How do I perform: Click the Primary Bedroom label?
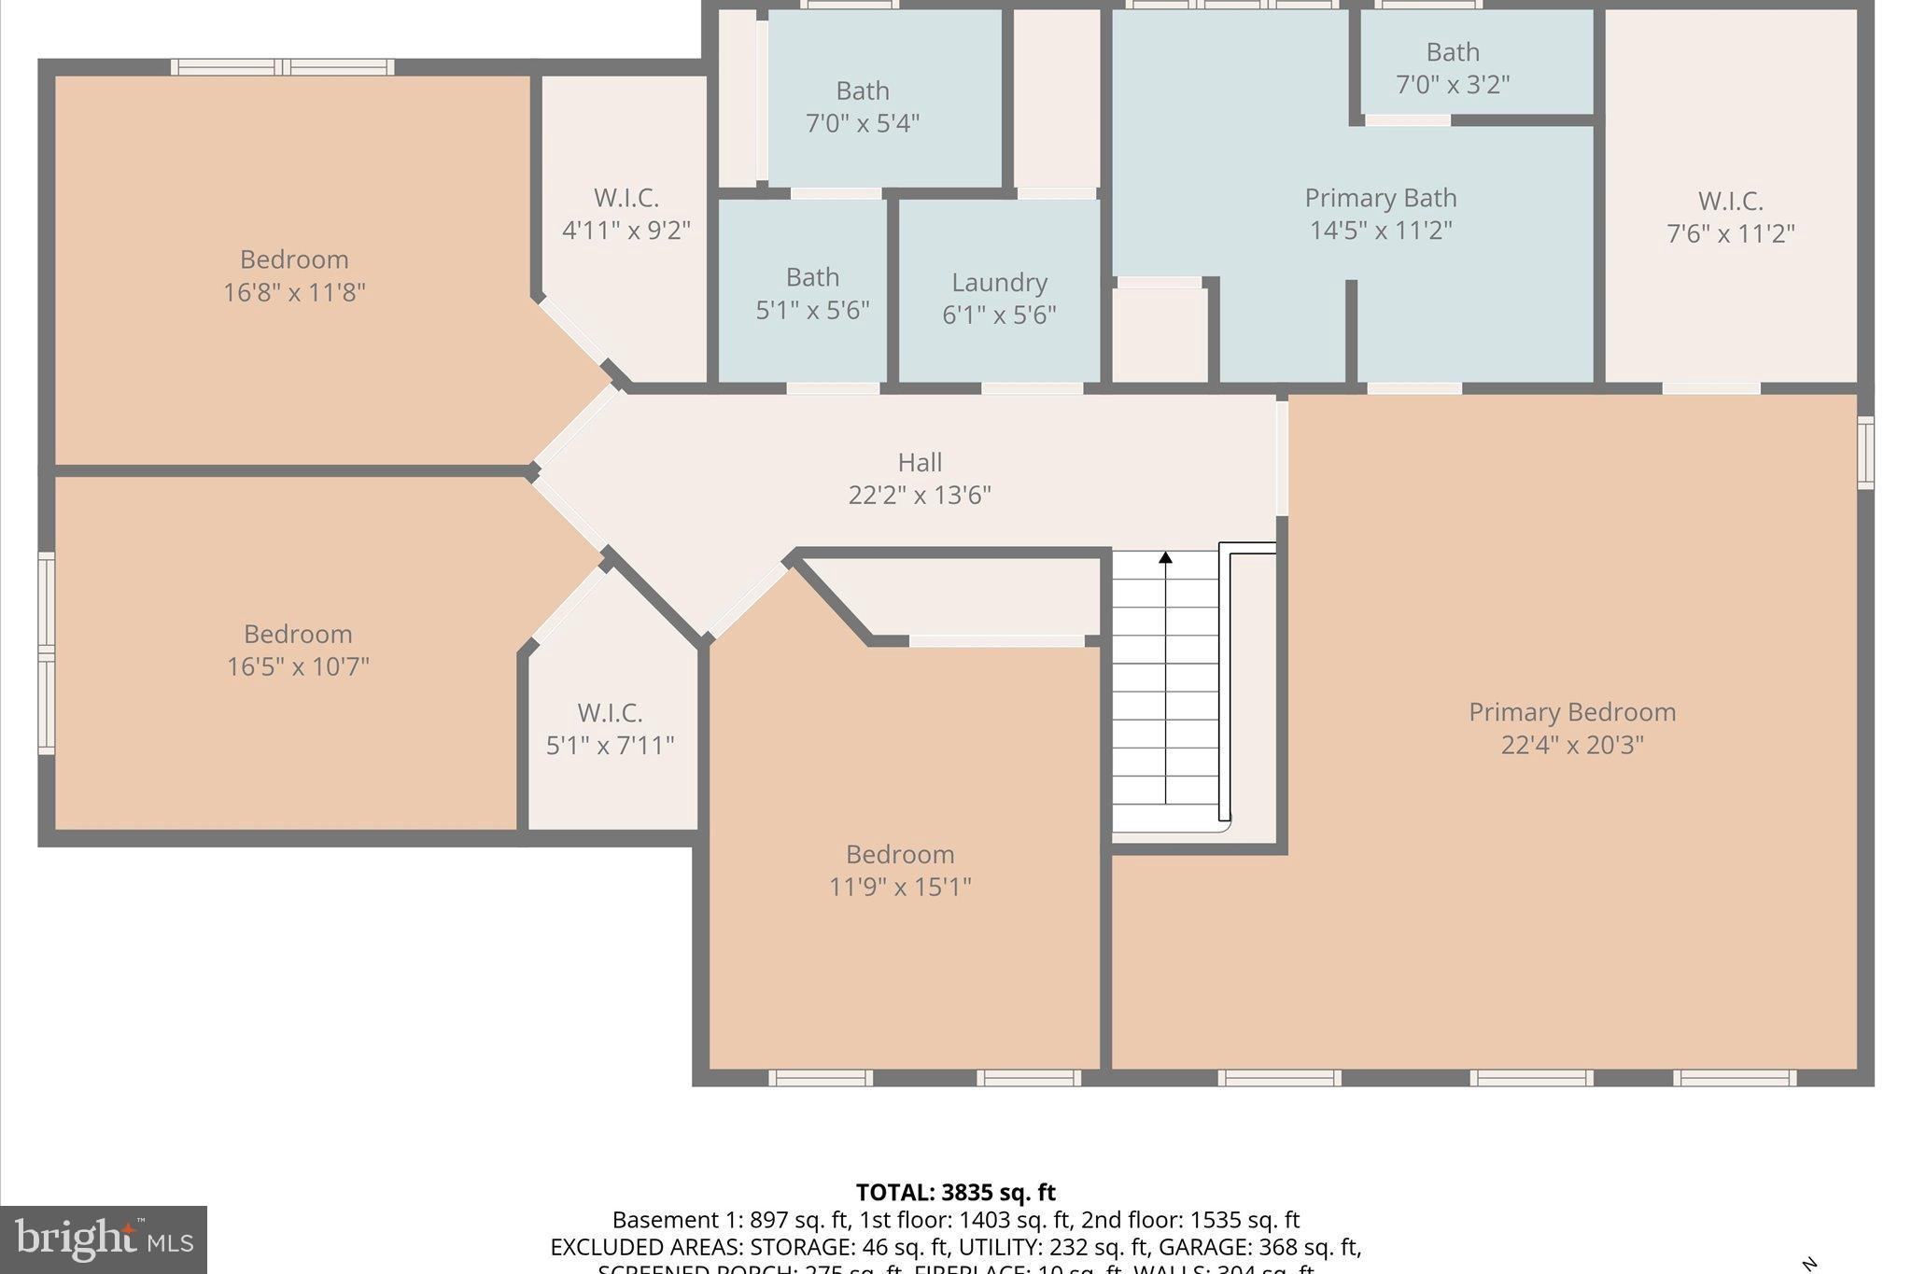pos(1572,712)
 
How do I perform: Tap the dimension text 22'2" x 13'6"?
pos(920,496)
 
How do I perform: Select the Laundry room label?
pos(999,283)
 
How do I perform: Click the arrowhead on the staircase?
pos(1165,558)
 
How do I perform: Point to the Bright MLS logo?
pos(104,1239)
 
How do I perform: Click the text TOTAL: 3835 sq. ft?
pos(955,1193)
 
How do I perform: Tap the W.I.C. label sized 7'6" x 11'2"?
pos(1730,202)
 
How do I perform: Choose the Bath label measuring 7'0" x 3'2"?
pos(1453,52)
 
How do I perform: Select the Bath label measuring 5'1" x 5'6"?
pos(812,278)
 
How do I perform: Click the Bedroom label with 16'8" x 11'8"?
pos(294,259)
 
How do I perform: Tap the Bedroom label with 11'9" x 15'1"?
pos(900,855)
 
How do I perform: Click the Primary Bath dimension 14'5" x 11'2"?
pos(1381,231)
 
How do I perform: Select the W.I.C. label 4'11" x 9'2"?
pos(626,198)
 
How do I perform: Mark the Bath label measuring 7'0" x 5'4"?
pos(862,91)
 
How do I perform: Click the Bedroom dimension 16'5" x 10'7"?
pos(298,667)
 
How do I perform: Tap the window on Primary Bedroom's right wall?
pos(1864,453)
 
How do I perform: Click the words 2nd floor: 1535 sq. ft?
pos(1190,1221)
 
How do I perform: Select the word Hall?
pos(920,463)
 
